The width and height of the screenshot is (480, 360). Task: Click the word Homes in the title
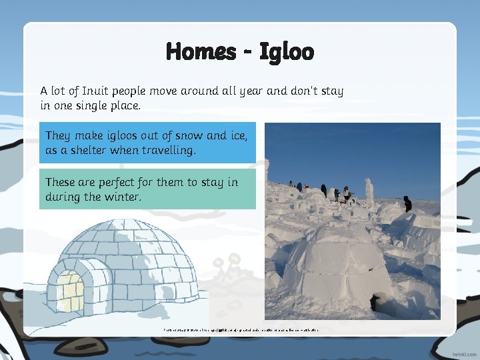pyautogui.click(x=201, y=51)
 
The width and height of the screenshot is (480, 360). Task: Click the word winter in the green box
pyautogui.click(x=122, y=197)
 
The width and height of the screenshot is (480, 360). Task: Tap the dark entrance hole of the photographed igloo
pyautogui.click(x=373, y=304)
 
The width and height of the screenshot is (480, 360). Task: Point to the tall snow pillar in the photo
pyautogui.click(x=369, y=193)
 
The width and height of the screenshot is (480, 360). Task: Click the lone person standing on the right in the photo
pyautogui.click(x=407, y=204)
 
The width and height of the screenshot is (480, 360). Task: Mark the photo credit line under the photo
pyautogui.click(x=241, y=329)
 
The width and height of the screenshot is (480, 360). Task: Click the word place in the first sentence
pyautogui.click(x=121, y=106)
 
